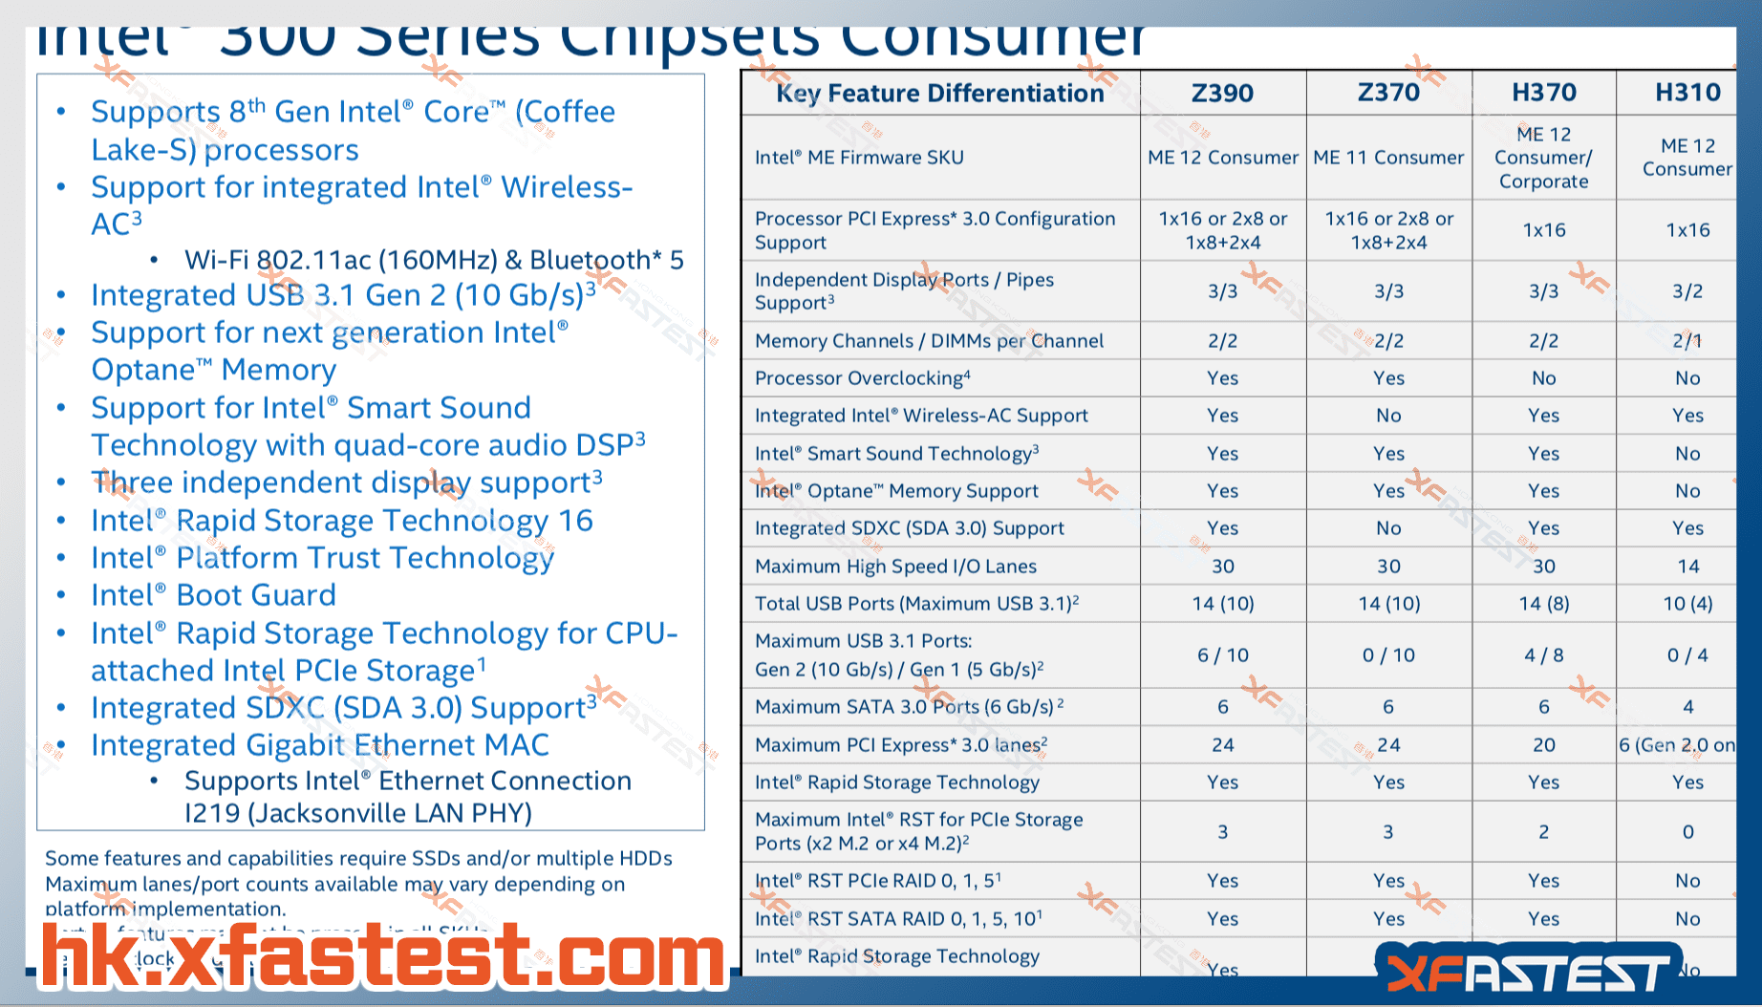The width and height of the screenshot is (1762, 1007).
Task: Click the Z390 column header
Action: pos(1222,93)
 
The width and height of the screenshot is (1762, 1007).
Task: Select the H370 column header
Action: pos(1543,93)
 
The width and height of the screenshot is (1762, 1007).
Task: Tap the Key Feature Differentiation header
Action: pos(939,93)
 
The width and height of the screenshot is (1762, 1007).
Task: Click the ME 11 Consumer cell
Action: pos(1388,158)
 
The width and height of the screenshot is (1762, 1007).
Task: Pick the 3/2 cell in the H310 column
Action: pos(1687,291)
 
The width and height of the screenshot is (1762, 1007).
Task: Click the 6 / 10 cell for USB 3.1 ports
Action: pos(1222,655)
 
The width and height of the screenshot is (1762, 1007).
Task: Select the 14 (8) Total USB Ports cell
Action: pos(1543,604)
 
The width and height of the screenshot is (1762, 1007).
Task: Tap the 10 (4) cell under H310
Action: pos(1687,604)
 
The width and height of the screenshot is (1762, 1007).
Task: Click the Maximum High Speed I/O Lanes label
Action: pos(895,567)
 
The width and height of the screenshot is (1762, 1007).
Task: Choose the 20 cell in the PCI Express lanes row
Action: pos(1543,745)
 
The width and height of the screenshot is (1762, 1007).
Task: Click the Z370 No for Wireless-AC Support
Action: pos(1388,416)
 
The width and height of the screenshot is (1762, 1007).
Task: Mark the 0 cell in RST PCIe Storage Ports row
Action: pos(1687,832)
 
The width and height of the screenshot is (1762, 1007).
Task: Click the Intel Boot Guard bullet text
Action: pos(213,595)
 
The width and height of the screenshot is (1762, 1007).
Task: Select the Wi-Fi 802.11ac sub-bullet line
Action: pos(434,260)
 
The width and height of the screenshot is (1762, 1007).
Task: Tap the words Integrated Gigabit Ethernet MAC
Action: pos(320,745)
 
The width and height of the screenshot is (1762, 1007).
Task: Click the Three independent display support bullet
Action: pos(346,482)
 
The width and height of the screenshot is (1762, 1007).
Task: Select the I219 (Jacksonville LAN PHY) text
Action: pos(358,813)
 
